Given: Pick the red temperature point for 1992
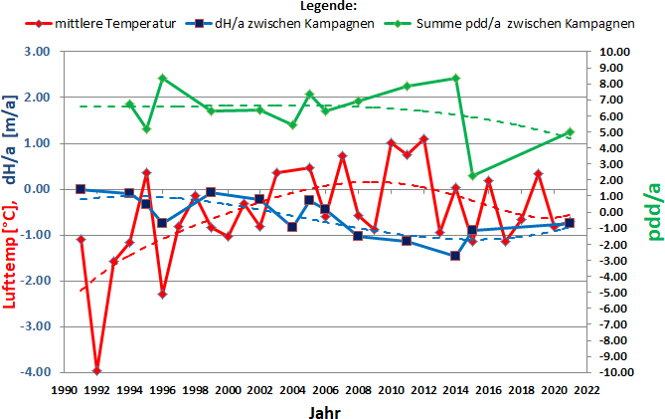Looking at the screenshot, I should tap(96, 371).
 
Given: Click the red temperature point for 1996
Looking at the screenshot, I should tap(162, 294).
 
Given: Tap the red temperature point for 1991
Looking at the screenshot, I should tap(81, 239).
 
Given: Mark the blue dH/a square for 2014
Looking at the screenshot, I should tap(455, 256).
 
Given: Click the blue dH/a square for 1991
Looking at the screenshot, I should tap(81, 189).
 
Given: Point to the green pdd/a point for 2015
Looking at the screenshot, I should tap(472, 175).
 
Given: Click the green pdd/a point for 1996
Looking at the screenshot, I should tap(162, 78).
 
